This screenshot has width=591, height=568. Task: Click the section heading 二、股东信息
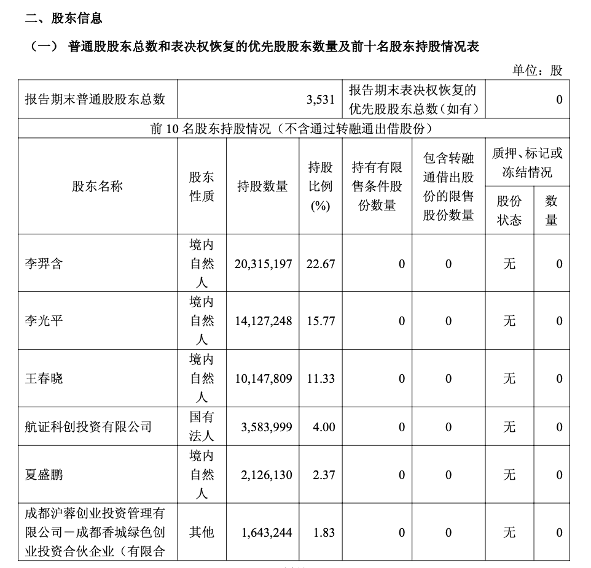(63, 18)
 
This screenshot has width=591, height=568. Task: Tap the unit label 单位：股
(538, 70)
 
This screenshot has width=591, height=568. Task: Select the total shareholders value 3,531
(321, 99)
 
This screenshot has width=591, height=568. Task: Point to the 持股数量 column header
(262, 186)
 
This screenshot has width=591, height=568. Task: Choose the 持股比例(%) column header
(321, 186)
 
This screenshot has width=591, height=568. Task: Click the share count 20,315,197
(263, 264)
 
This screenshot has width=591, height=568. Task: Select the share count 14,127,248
(263, 321)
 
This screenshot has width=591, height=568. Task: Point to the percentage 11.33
(321, 378)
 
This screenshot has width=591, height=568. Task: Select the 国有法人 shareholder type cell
(202, 426)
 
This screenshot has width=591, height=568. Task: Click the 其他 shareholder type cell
(202, 532)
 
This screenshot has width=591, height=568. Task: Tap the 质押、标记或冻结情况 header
(527, 163)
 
